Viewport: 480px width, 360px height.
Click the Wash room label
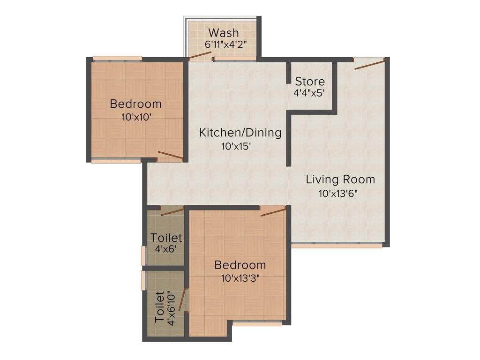point(224,33)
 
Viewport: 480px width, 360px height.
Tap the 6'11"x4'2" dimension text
point(225,45)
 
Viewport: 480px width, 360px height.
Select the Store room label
point(309,82)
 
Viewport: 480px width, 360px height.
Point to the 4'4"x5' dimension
point(309,93)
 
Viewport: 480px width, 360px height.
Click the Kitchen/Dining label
point(240,133)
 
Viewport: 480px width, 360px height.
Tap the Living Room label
point(340,180)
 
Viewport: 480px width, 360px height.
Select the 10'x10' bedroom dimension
point(135,117)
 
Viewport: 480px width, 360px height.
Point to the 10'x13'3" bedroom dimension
point(240,278)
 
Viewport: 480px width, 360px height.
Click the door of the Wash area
point(200,55)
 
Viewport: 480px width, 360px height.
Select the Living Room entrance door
point(370,65)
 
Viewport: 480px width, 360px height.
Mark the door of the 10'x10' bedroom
point(170,156)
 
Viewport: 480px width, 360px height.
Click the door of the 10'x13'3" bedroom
point(273,212)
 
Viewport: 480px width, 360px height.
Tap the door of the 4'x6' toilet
point(172,211)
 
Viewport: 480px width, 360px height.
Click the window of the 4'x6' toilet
point(144,255)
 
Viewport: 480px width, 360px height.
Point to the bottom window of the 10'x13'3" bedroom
point(257,322)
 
